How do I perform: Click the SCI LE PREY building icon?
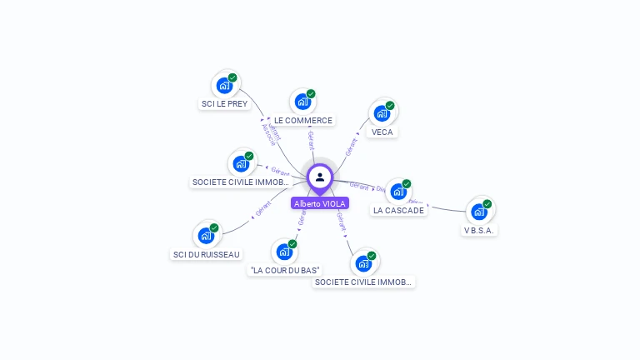point(224,85)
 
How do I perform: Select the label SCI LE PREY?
point(224,104)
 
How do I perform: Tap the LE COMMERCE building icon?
point(302,102)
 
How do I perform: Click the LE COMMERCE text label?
point(303,120)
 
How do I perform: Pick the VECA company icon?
point(382,113)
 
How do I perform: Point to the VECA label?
point(382,132)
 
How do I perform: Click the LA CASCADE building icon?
point(398,192)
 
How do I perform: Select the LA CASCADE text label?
point(398,210)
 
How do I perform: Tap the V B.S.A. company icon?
point(479,212)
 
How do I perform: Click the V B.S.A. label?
point(479,230)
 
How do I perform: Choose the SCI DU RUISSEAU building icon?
point(206,236)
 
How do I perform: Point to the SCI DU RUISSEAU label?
point(206,254)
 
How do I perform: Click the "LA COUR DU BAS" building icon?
point(284,252)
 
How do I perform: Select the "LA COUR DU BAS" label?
point(285,270)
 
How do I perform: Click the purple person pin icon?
point(320,177)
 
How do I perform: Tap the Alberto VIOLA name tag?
point(320,203)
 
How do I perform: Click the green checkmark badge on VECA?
point(390,106)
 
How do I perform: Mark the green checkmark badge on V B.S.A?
point(487,204)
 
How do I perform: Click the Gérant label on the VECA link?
point(351,147)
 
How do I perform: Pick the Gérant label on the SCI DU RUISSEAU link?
point(264,209)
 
